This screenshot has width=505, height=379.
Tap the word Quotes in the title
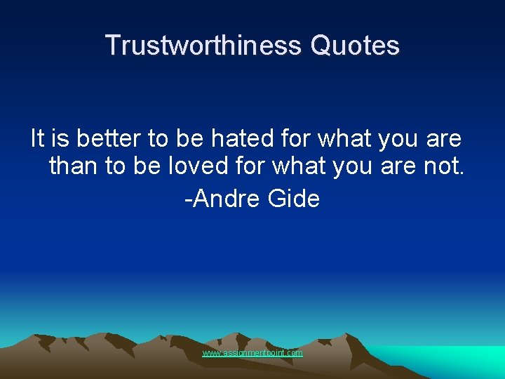(355, 46)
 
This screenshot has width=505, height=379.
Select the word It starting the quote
(38, 139)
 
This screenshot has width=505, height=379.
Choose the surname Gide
(294, 199)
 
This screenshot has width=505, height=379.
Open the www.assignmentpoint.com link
(252, 353)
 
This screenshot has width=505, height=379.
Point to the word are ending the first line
(443, 139)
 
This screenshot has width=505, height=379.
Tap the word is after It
(59, 139)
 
